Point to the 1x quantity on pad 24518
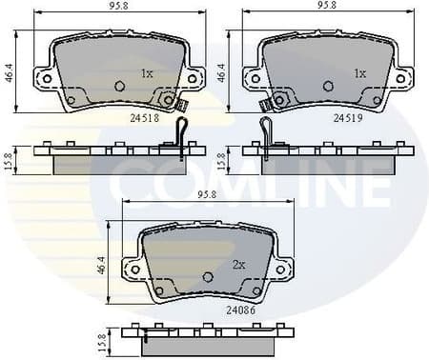click(147, 72)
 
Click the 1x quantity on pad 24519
click(359, 72)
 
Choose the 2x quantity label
click(238, 264)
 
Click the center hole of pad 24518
click(120, 86)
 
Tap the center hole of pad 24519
click(330, 86)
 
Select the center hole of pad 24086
click(210, 276)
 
